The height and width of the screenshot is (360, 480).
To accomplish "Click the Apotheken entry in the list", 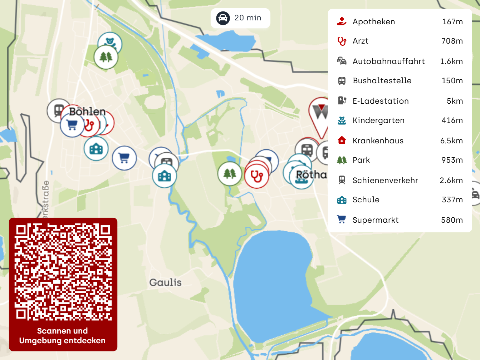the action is tap(374, 22).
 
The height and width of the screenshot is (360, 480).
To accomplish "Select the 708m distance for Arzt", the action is tap(452, 41).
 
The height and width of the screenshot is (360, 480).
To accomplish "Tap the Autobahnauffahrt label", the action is tap(388, 61).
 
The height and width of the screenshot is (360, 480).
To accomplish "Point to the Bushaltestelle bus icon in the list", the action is tap(342, 81).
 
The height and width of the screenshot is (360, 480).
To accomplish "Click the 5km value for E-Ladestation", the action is tap(455, 101).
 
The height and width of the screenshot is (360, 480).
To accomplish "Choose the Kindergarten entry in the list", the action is tap(378, 120).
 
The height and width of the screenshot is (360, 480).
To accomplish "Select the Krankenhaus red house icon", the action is tap(342, 140).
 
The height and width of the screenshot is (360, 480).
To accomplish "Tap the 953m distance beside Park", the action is tap(452, 160).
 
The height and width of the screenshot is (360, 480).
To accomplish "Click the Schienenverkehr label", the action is tap(385, 181).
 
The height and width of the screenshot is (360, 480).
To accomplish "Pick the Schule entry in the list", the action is tap(366, 200).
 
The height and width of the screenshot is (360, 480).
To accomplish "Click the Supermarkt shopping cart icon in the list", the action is tap(342, 220).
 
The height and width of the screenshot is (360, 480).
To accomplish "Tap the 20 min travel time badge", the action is tap(240, 18).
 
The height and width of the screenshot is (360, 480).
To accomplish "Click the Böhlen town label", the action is tap(88, 112).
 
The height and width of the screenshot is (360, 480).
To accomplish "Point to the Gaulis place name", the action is tap(165, 282).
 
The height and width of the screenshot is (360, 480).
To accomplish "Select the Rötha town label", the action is tap(312, 175).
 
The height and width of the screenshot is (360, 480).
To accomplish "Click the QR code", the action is tap(63, 272).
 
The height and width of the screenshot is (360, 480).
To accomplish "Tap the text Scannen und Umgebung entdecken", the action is tap(63, 336).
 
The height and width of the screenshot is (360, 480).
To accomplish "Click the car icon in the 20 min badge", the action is tap(223, 18).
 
